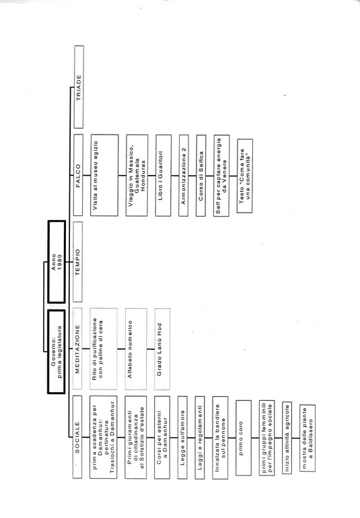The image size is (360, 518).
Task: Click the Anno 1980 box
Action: [57, 262]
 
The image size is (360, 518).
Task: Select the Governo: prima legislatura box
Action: [57, 351]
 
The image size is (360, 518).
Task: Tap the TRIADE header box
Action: [79, 87]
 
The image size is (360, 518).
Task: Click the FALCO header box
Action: [78, 175]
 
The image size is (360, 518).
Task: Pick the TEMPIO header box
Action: [77, 262]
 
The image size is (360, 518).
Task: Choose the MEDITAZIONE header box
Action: [77, 349]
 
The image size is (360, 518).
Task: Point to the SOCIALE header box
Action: [77, 437]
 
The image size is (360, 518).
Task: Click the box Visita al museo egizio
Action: [104, 175]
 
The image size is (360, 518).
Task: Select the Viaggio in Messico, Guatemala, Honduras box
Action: [137, 175]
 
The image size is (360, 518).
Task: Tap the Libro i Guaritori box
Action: [164, 176]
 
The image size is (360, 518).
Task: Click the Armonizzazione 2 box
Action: [184, 176]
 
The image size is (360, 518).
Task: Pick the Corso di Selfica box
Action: [201, 176]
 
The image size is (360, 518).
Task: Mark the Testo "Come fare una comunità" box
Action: [245, 176]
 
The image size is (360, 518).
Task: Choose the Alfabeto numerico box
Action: [136, 349]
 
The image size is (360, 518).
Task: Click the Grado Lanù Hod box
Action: [162, 349]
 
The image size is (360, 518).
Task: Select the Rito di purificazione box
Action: [104, 349]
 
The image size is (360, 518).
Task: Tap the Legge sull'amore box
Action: [182, 437]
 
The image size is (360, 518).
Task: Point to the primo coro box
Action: [244, 438]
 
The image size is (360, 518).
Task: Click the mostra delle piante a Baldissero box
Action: [308, 438]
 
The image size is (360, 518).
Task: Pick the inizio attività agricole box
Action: [287, 438]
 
